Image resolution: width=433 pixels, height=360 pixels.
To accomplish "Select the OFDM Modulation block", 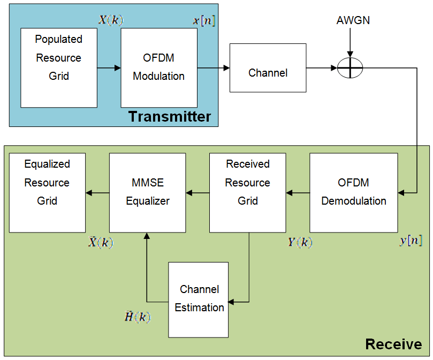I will pos(159,67).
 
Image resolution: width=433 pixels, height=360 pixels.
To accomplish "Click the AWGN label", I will pos(353,21).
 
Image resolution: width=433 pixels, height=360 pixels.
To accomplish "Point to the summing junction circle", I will pos(351,68).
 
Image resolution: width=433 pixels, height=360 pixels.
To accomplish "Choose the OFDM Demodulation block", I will pos(353,192).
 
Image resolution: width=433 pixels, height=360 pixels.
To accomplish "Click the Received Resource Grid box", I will pos(247,192).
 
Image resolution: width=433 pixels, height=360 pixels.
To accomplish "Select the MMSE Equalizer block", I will pos(147,192).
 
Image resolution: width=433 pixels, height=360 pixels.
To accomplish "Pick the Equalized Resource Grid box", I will pos(47,192).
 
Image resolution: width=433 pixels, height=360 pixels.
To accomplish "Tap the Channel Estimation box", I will pos(199,299).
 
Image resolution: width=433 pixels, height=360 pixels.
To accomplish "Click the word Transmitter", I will pos(170,117).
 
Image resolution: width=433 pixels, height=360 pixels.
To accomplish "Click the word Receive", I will pos(393,344).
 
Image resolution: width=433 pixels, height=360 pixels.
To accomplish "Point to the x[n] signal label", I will pos(204,21).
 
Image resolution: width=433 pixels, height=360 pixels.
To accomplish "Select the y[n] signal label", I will pos(411,241).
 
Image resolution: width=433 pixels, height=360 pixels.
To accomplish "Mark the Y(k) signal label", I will pos(300,242).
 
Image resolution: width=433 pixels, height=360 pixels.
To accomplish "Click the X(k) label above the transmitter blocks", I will pos(111,20).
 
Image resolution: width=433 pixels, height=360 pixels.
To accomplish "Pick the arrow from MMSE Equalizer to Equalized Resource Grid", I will pos(97,193).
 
